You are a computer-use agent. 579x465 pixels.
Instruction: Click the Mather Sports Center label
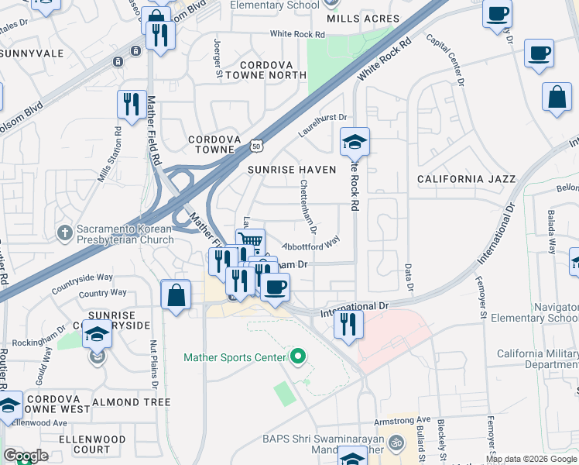coord(234,357)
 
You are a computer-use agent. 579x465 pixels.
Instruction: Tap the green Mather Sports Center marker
coord(297,357)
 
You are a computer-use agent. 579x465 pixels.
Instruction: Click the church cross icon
coord(65,232)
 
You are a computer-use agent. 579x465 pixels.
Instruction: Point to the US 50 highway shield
coord(257,146)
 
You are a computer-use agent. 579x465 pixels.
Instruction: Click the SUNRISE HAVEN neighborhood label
coord(292,169)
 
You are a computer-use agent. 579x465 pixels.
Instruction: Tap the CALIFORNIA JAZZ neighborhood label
coord(466,179)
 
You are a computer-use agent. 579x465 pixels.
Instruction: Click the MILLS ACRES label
coord(362,19)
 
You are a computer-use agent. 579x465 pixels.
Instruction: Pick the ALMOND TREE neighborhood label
coord(132,403)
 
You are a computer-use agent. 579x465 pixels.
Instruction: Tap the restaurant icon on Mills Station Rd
coord(132,104)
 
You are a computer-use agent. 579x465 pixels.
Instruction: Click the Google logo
coord(26,456)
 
